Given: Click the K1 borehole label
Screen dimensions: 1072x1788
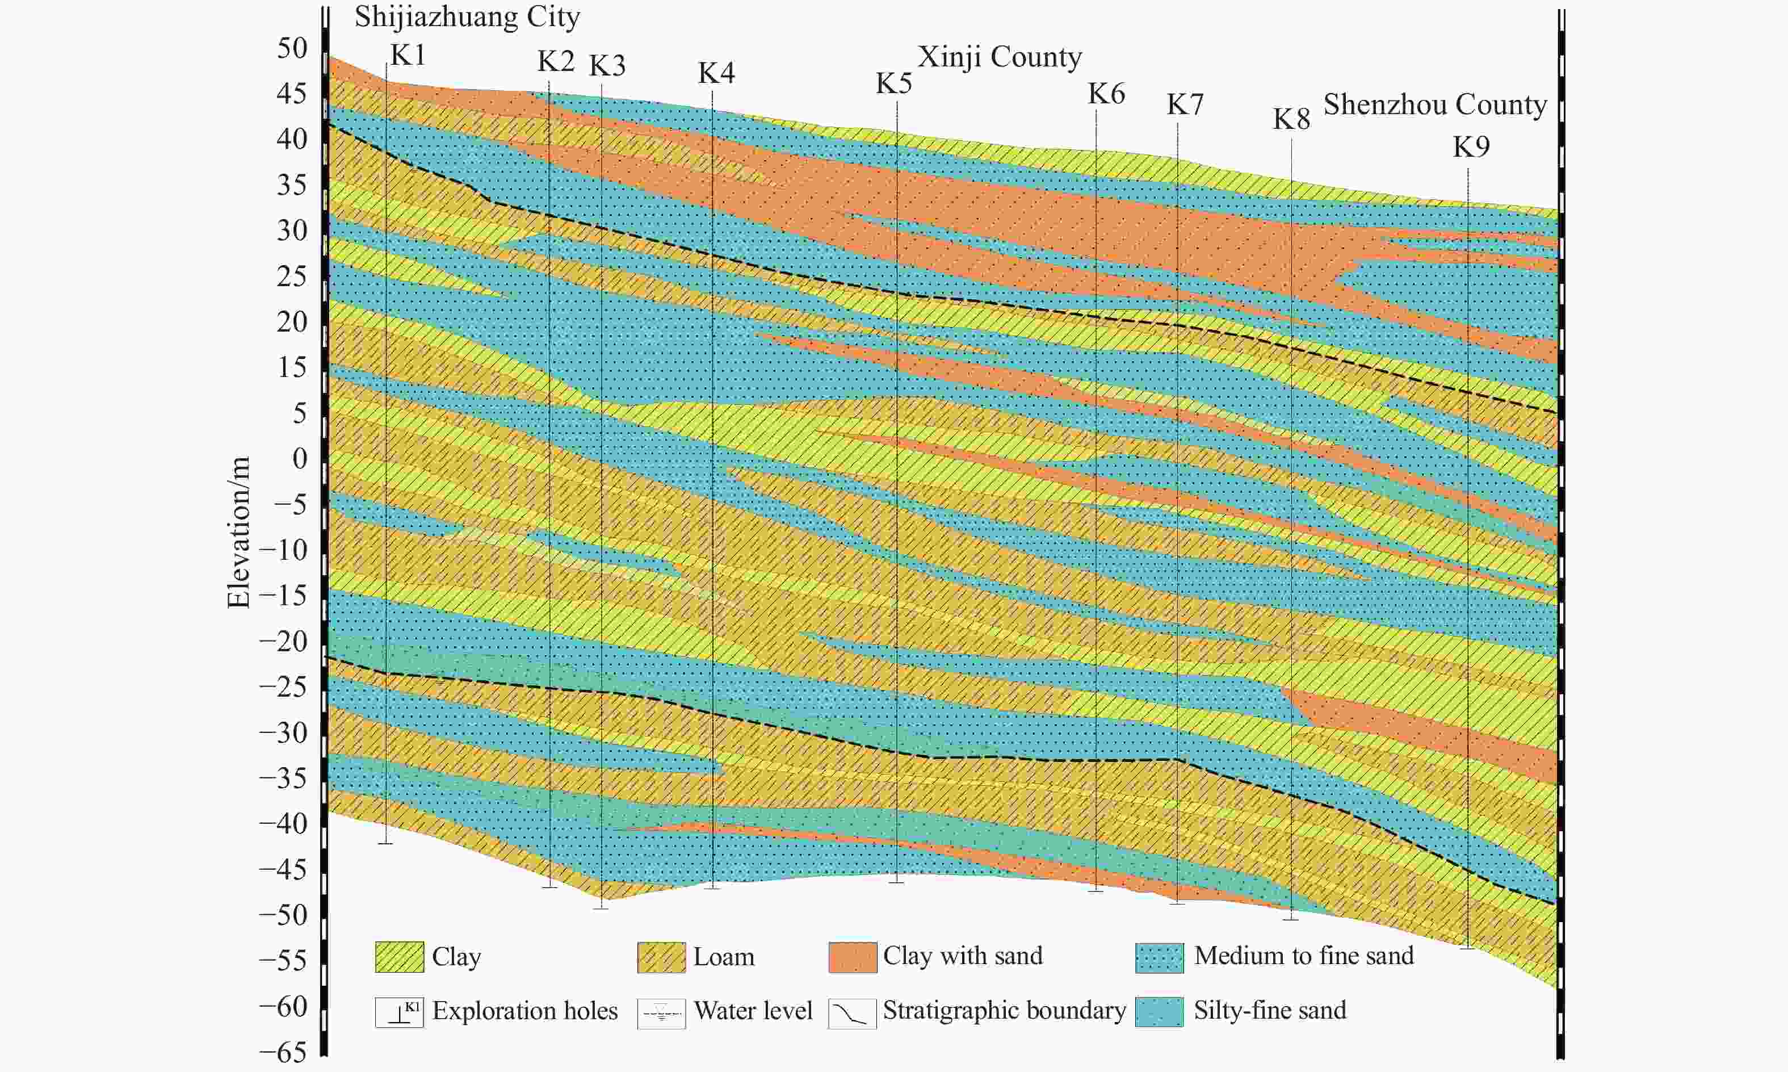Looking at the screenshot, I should coord(408,56).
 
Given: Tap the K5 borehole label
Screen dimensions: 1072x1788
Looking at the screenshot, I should coord(894,84).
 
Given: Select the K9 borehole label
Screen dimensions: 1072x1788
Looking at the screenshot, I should coord(1471,148).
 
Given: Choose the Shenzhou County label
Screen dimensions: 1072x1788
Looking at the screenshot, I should coord(1435,104).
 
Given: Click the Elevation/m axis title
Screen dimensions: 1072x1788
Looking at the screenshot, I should coord(238,533).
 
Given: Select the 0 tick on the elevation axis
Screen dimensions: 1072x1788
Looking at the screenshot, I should coord(300,459).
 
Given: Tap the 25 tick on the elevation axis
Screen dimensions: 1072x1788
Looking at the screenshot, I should coord(292,277).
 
